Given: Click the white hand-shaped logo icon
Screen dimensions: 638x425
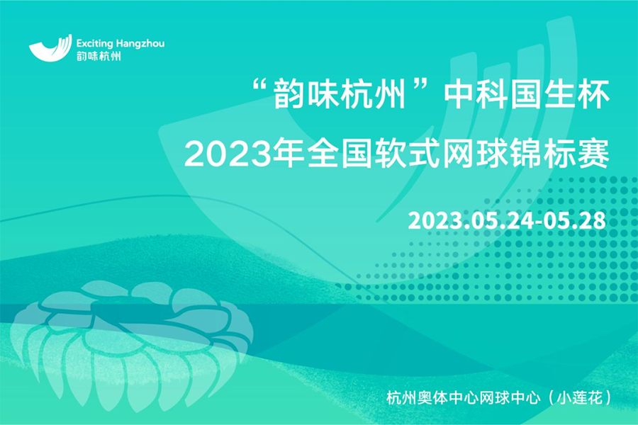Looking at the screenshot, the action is point(50,48).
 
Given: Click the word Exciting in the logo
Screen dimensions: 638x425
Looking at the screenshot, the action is point(94,43).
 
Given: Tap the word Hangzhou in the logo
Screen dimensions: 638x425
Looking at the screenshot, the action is point(140,43).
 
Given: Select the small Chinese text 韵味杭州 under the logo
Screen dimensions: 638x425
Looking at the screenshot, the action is point(99,56).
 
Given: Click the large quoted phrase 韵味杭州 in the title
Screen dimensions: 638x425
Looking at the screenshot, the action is point(340,94).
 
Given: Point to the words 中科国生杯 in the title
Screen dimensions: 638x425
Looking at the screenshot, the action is point(527,94).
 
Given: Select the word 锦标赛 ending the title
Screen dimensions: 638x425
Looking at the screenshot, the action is point(560,153).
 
